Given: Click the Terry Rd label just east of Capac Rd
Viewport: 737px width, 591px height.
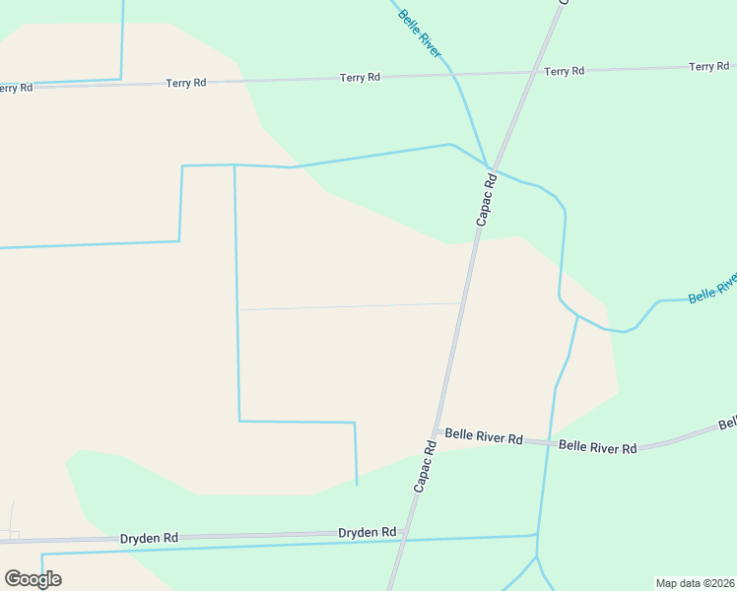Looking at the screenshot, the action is tap(564, 71).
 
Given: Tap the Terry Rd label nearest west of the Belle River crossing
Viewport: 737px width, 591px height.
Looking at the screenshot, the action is tap(360, 77).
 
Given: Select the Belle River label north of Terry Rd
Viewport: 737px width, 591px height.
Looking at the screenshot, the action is tap(420, 33).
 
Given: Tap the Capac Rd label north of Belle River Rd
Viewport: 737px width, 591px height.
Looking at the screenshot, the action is tap(484, 200).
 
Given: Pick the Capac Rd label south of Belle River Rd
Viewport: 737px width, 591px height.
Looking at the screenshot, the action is tap(425, 466).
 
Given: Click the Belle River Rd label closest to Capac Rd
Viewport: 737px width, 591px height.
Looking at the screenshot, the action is tap(483, 436).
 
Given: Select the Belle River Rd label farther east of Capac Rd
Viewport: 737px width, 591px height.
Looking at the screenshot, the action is tap(597, 446).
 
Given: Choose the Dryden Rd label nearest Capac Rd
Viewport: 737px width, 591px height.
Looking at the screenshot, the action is tap(367, 532).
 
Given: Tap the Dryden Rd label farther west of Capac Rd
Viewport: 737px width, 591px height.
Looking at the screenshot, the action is tap(149, 538).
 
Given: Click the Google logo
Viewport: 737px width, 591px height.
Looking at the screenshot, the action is tap(33, 579).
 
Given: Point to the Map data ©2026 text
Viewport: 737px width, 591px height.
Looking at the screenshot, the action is tap(695, 582).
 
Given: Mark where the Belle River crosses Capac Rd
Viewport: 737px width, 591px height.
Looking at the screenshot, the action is tap(490, 167).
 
